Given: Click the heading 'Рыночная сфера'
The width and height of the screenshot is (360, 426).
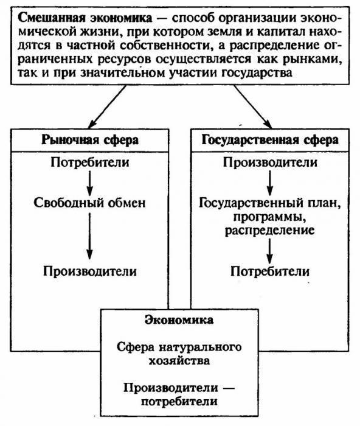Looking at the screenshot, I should (x=90, y=140).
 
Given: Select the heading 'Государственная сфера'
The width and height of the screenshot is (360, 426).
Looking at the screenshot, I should (x=269, y=140).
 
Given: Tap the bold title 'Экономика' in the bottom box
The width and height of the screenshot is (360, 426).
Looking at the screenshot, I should (x=179, y=319).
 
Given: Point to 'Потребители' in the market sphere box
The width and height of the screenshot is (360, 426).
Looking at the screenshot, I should (x=90, y=162).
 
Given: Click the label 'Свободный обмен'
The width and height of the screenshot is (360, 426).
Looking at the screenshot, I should (x=90, y=203).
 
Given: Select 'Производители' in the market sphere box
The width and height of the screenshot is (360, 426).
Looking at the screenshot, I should (x=90, y=270).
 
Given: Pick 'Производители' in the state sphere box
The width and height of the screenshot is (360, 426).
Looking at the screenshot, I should (x=269, y=162).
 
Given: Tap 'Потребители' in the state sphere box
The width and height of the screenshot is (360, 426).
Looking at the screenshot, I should (x=269, y=271).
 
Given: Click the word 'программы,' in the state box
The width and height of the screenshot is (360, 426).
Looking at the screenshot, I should (x=269, y=217).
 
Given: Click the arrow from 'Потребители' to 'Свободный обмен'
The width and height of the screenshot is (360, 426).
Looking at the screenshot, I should (x=90, y=181).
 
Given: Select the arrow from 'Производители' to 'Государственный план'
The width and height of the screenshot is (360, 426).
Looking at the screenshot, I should (x=269, y=181).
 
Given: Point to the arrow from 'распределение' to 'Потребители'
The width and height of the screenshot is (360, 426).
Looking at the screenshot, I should (x=269, y=250).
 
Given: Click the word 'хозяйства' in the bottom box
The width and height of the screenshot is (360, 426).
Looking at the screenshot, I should (x=179, y=360).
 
